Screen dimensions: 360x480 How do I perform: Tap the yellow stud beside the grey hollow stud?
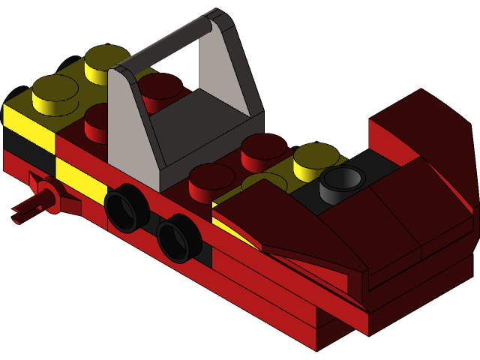[316, 158]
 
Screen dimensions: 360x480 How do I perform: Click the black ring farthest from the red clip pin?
[177, 237]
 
